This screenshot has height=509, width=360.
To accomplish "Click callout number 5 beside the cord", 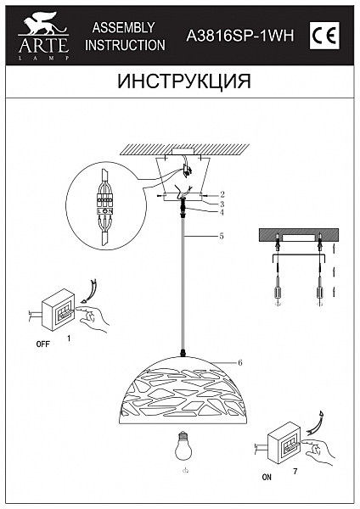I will (220, 236).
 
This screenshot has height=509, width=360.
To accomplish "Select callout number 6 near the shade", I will (240, 362).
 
